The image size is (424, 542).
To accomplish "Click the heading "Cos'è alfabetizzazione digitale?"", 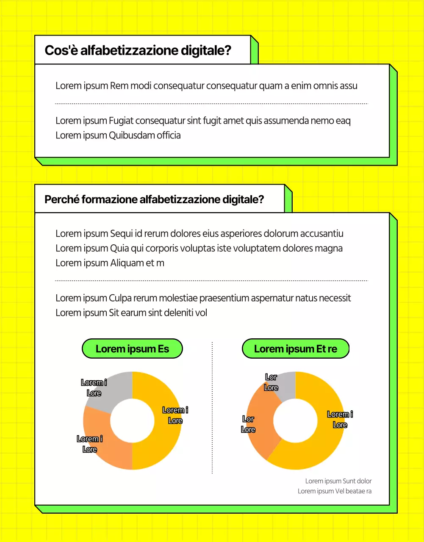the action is point(138,50).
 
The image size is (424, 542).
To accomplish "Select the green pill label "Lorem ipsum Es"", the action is point(132,349).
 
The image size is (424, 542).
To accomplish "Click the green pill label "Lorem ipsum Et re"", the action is point(295,349).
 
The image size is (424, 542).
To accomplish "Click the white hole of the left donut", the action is point(132,420).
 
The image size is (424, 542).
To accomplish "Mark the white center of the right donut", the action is point(295,420).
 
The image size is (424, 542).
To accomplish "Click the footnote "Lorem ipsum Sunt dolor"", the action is point(338,481).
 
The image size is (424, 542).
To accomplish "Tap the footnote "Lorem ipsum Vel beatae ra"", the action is point(335,491).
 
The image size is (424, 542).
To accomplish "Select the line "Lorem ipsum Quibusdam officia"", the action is point(118,135).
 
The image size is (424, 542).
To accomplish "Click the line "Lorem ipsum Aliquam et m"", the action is point(110,263).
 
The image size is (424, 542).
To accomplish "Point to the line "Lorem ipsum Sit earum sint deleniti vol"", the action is point(131,313).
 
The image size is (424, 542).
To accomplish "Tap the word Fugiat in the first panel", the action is point(121,121).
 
